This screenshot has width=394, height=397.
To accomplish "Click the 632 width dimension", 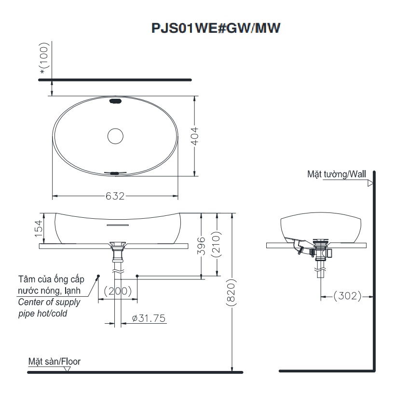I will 115,196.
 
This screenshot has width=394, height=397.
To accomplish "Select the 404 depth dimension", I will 194,136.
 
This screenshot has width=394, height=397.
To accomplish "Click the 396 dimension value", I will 202,245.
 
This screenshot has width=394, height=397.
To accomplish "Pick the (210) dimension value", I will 217,245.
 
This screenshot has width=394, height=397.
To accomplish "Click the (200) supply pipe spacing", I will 118,291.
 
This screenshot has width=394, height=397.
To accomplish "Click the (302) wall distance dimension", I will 347,296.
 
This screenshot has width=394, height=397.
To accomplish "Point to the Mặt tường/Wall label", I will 337,174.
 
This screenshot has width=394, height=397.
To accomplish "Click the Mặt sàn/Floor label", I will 54,361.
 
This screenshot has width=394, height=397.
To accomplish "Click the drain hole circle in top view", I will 116,136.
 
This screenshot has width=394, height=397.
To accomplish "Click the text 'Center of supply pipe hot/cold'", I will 50,307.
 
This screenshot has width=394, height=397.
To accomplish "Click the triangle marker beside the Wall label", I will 370,183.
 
